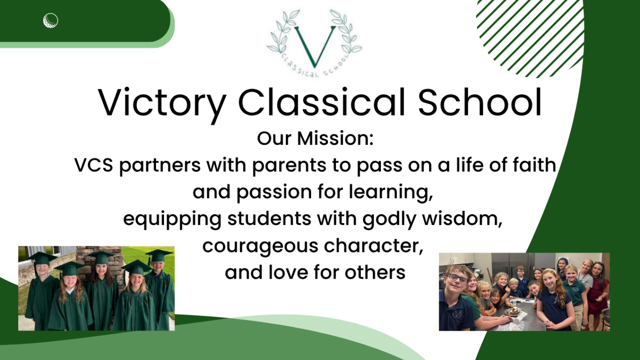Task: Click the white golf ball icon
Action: point(51,20)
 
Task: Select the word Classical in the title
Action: point(321,102)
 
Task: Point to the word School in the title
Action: point(480,102)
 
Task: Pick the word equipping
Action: point(172,220)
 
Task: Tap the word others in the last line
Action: point(375,272)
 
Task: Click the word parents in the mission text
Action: point(289,166)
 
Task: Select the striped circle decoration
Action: point(530,39)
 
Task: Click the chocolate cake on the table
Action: point(514,311)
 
